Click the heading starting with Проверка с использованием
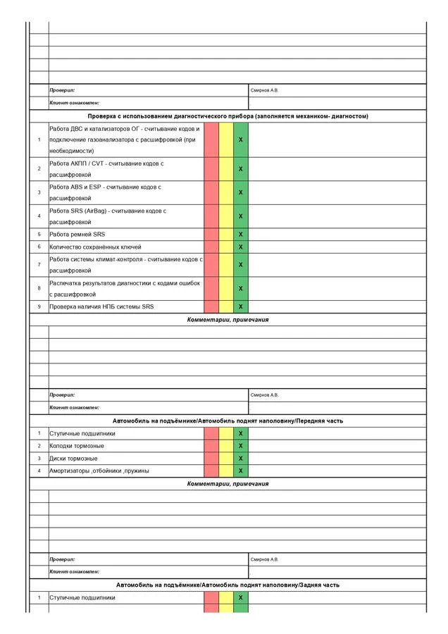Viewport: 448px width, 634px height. (228, 116)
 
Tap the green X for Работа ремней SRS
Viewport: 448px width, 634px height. (241, 234)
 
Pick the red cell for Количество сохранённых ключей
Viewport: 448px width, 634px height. (211, 247)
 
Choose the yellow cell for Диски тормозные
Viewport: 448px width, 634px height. (226, 458)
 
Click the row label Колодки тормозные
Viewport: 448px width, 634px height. (77, 445)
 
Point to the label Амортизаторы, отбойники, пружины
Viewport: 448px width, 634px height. (99, 471)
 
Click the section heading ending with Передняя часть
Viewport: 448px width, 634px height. (228, 421)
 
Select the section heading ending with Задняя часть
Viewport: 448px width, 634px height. (228, 585)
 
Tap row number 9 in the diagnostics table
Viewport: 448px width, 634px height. (39, 306)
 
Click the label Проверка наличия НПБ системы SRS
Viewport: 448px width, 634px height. (101, 306)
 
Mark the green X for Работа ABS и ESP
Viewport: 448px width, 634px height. (241, 192)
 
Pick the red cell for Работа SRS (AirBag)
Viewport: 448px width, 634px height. (211, 216)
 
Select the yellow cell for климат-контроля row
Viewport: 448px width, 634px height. (226, 264)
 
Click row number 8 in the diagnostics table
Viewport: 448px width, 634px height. (39, 288)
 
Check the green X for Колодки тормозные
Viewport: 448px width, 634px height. (241, 445)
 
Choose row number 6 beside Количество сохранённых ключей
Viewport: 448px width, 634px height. (39, 247)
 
